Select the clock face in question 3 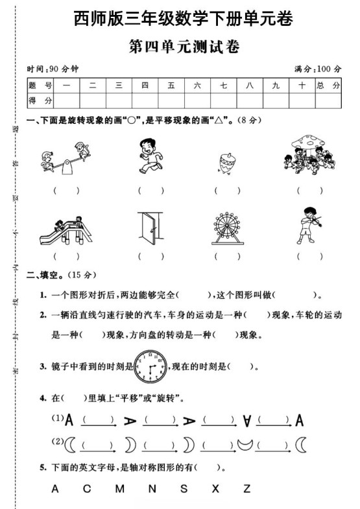point(150,368)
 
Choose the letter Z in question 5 point(246,490)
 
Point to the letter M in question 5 point(119,490)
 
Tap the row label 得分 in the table point(41,100)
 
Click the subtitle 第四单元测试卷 point(180,47)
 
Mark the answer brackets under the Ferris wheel point(227,256)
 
